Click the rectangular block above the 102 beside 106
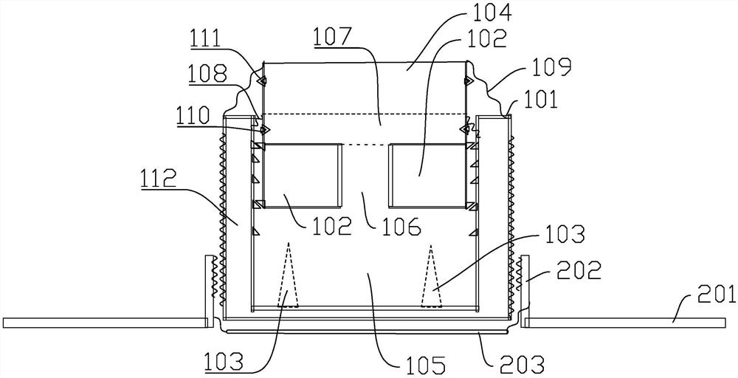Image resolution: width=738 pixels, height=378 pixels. (301, 176)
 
